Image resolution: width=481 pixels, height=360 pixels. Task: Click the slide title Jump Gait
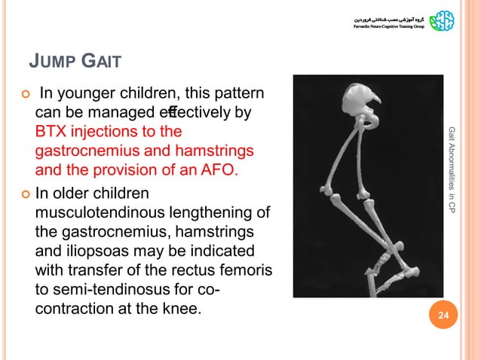click(x=75, y=59)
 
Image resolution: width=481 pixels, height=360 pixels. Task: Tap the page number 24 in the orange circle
click(x=443, y=325)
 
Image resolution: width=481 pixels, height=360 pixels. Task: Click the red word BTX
click(x=52, y=132)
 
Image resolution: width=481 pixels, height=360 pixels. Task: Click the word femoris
click(x=233, y=270)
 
